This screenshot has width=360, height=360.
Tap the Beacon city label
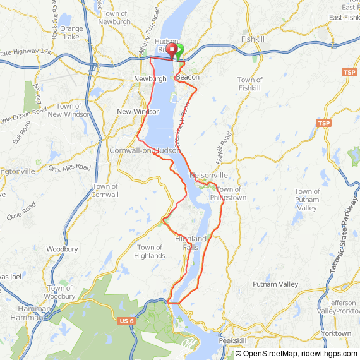pyautogui.click(x=188, y=77)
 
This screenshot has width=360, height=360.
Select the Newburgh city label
pyautogui.click(x=150, y=79)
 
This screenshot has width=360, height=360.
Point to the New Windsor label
pyautogui.click(x=138, y=111)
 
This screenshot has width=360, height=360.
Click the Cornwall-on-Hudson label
pyautogui.click(x=144, y=150)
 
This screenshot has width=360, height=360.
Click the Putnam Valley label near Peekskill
pyautogui.click(x=275, y=284)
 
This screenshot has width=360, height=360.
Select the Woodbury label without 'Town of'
pyautogui.click(x=62, y=249)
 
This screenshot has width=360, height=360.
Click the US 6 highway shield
pyautogui.click(x=126, y=321)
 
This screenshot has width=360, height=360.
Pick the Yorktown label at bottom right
pyautogui.click(x=336, y=333)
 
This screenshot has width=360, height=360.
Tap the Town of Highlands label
pyautogui.click(x=150, y=251)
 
